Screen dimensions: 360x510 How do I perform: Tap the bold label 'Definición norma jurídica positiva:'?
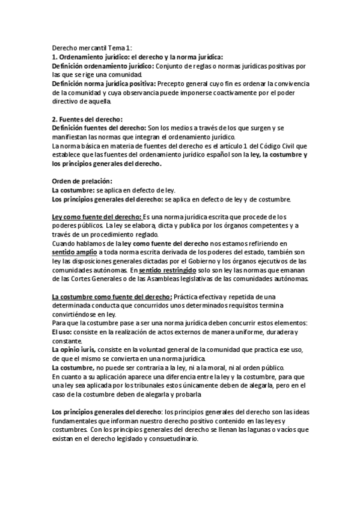point(103,83)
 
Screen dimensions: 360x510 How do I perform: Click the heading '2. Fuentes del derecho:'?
point(87,120)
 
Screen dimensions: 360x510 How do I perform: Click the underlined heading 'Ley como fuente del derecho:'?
point(97,217)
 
